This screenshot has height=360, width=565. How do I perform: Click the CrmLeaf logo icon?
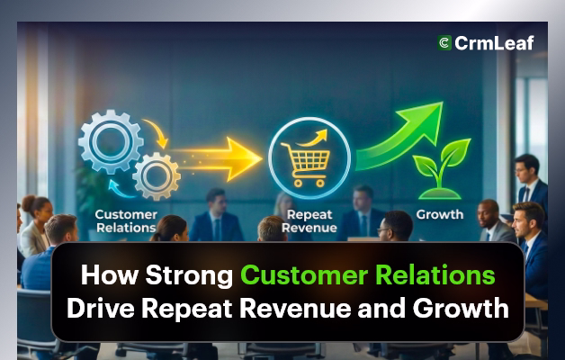tap(444, 42)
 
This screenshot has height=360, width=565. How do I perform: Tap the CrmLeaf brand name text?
tap(493, 42)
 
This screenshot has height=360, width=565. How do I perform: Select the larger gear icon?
tap(110, 140)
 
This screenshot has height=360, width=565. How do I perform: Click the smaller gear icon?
tap(157, 175)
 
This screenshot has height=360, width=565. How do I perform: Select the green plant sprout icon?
tap(440, 170)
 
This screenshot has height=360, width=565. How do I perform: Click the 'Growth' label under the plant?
tap(440, 214)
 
